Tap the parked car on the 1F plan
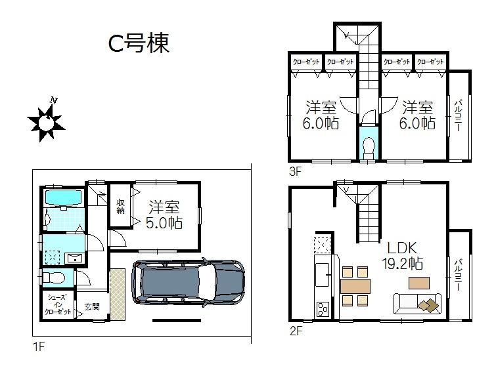188,283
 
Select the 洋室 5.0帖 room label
164,214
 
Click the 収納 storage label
122,207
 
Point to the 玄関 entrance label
91,307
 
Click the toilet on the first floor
53,278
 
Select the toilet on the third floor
369,146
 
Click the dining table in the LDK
355,286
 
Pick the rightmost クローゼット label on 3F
430,62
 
